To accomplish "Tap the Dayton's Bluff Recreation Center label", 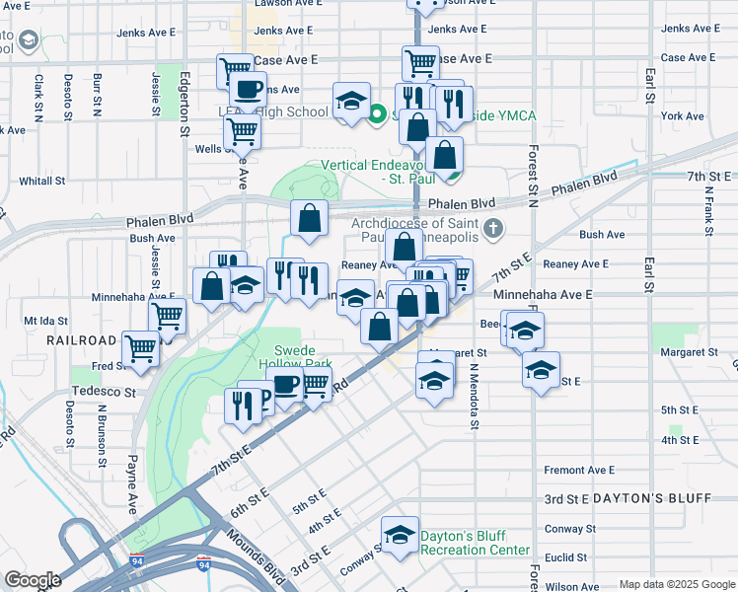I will pyautogui.click(x=475, y=543).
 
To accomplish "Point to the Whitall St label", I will pyautogui.click(x=41, y=182).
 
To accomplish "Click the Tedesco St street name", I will pyautogui.click(x=103, y=392).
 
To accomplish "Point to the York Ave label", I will pyautogui.click(x=683, y=116).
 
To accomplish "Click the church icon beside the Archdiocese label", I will pyautogui.click(x=494, y=230).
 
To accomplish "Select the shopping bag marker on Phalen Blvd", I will pyautogui.click(x=310, y=219).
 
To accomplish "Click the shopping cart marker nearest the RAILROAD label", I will pyautogui.click(x=142, y=346).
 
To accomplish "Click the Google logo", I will pyautogui.click(x=33, y=580).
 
